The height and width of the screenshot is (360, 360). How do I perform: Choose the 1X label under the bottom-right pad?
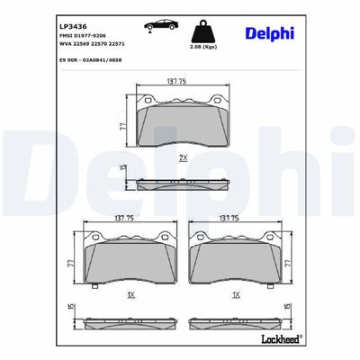[x=236, y=294]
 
